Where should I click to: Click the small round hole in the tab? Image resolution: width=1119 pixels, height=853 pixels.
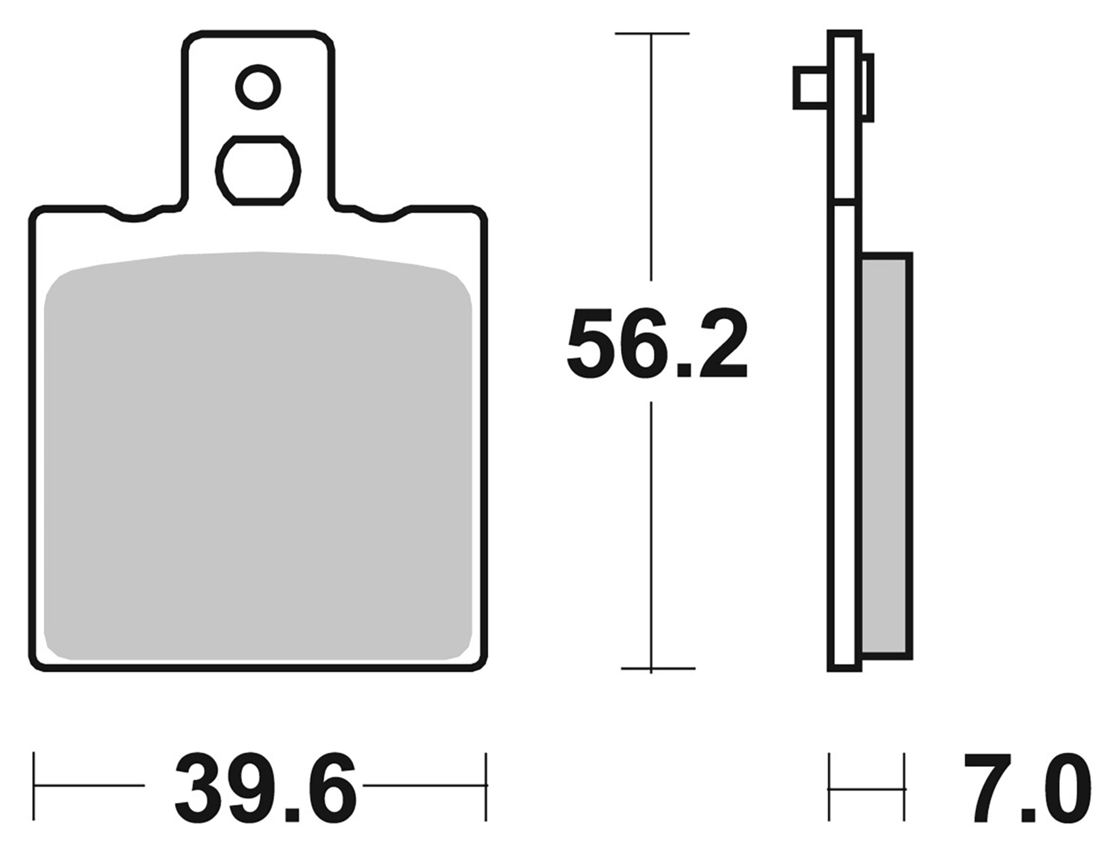coord(258,87)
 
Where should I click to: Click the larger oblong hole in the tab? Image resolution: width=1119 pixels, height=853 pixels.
coord(258,170)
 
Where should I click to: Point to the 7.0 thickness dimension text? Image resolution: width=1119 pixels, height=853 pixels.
coord(1026,788)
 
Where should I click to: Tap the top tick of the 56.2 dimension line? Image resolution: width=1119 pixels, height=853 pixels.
coord(652,34)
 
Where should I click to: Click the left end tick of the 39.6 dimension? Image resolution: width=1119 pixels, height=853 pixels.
coord(34,786)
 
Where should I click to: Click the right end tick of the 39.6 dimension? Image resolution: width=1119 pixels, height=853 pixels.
coord(486,786)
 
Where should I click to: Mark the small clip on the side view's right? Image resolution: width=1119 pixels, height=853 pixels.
coord(868,87)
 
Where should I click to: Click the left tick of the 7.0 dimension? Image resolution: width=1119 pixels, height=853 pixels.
coord(829,788)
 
